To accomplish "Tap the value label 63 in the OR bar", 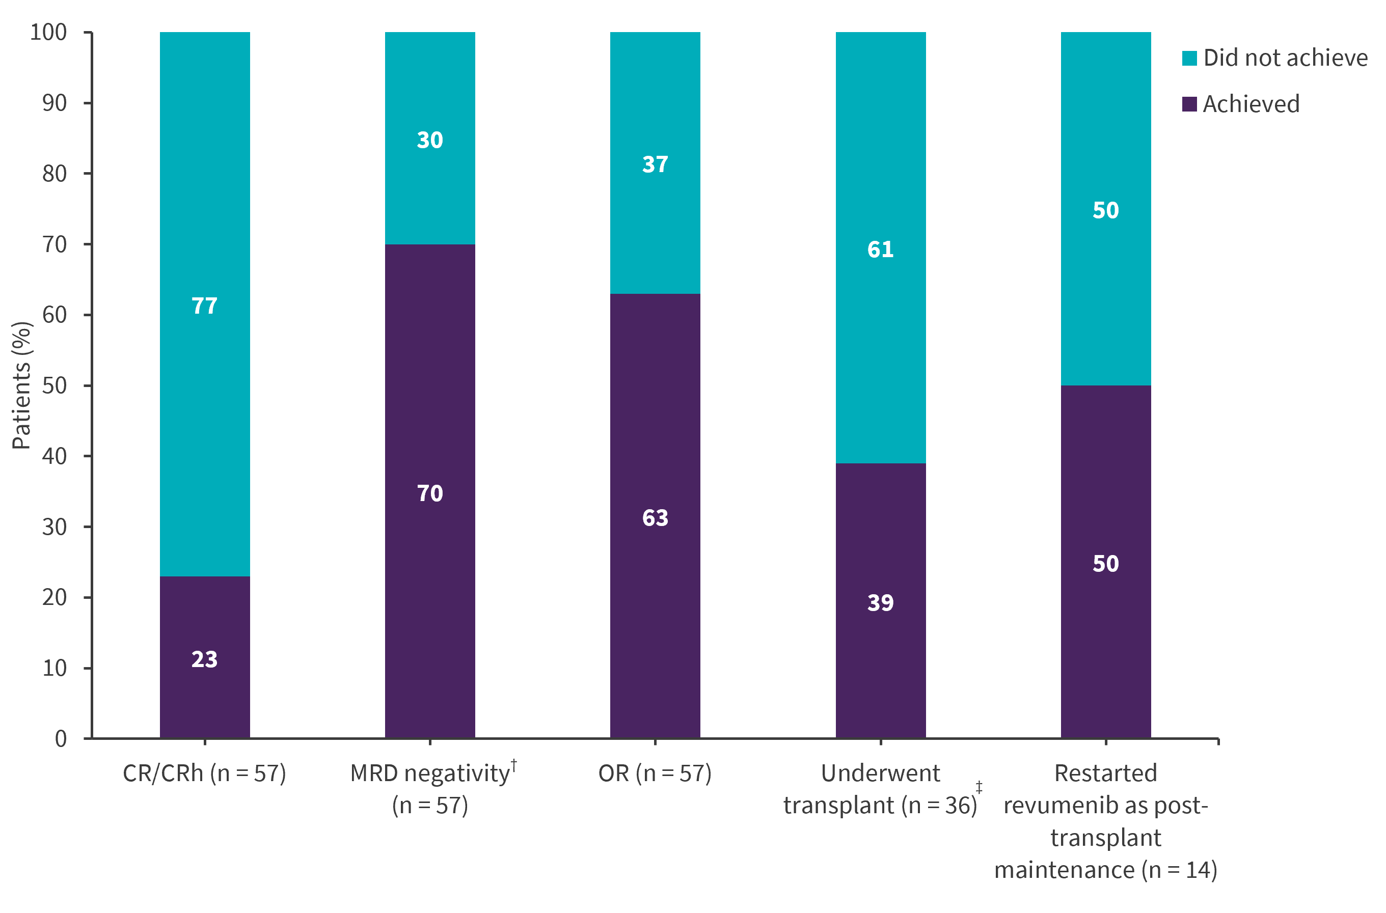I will [x=655, y=518].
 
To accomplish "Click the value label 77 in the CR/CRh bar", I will [x=204, y=306].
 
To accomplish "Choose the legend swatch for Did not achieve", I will [x=1189, y=58].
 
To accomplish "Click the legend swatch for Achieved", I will [x=1189, y=104].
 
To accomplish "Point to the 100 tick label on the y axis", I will [x=48, y=32].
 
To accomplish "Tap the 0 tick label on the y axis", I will [x=61, y=739].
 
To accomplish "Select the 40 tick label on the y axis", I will [x=54, y=456].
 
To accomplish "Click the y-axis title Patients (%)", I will [x=21, y=385].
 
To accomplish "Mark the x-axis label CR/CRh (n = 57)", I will [x=204, y=773].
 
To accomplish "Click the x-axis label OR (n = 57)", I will [x=655, y=773].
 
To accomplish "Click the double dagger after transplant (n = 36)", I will [x=979, y=787].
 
